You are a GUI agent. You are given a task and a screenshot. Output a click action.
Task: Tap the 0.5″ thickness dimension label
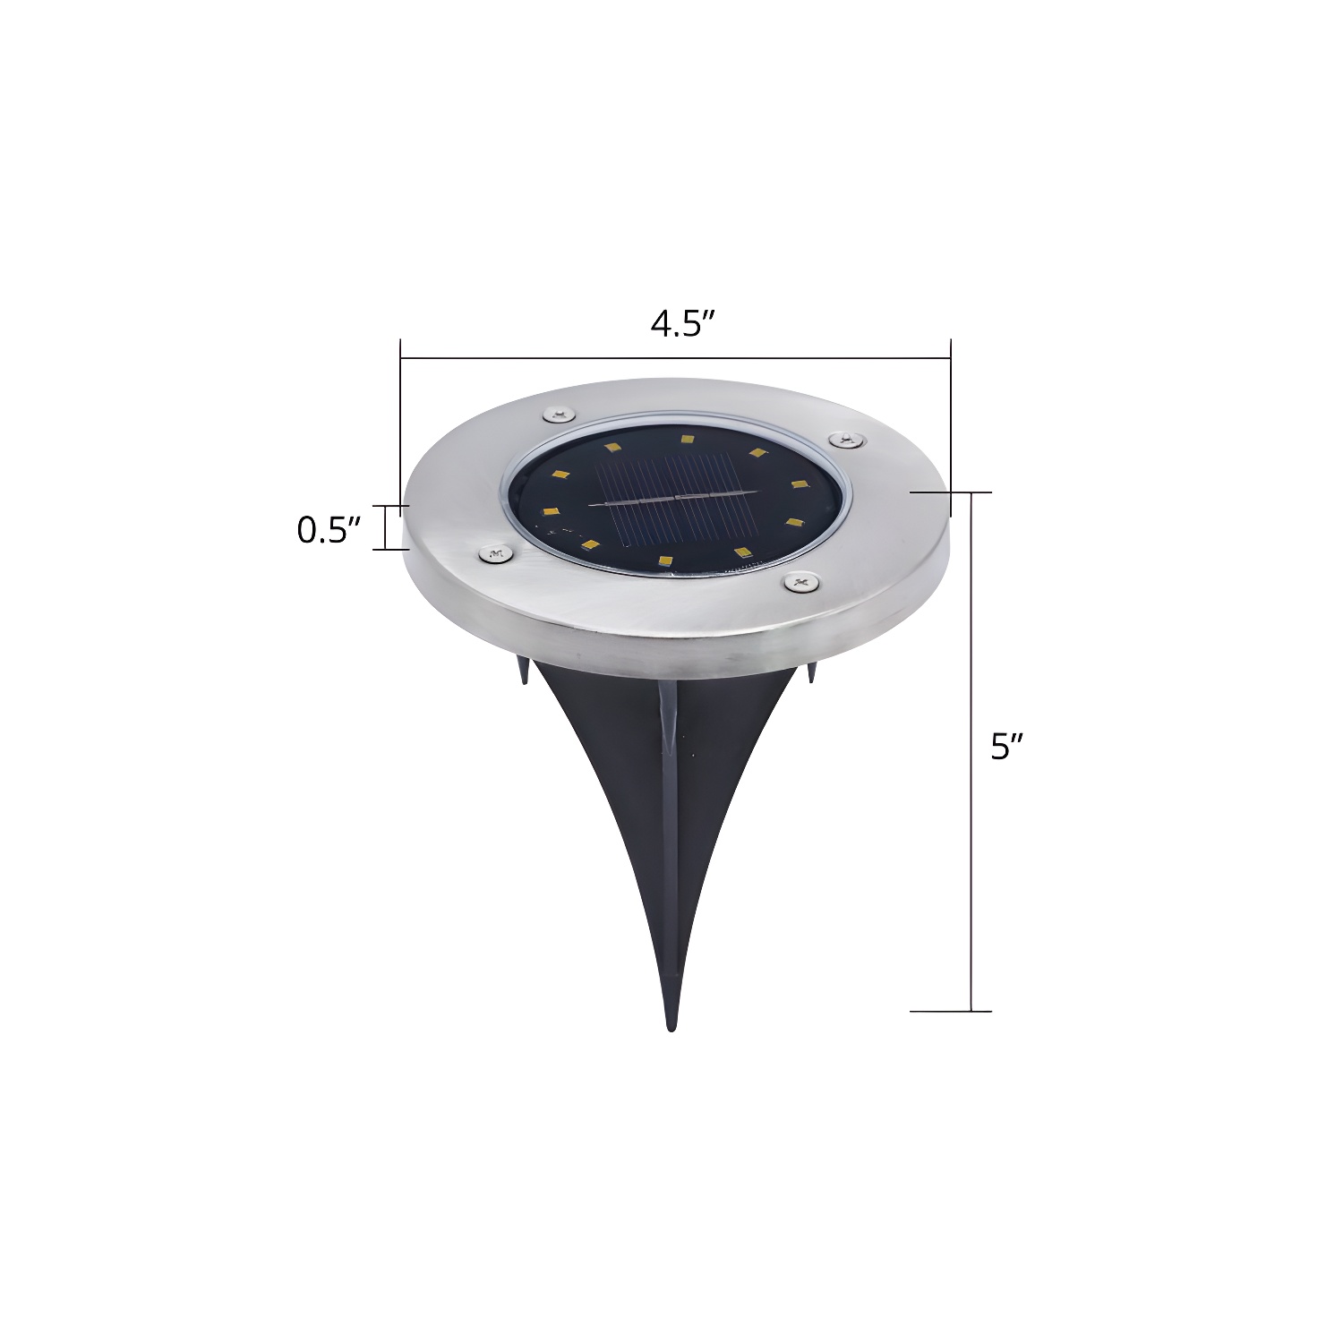(328, 530)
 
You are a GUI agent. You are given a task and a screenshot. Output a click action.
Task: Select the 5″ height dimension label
(1006, 746)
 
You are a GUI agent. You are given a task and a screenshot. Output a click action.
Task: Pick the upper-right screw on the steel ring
(845, 439)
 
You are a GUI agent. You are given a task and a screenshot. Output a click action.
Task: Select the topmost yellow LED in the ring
(687, 439)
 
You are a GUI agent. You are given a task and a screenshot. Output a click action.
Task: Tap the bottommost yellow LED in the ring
(664, 560)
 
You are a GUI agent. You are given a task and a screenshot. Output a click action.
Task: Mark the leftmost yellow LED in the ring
(546, 511)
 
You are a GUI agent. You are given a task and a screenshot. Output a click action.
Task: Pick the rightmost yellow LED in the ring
(796, 484)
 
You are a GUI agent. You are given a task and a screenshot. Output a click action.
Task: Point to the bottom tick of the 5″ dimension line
(951, 1011)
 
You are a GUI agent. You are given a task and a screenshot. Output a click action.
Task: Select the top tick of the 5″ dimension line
(951, 492)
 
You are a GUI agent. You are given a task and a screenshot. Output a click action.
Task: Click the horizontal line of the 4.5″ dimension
(675, 358)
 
